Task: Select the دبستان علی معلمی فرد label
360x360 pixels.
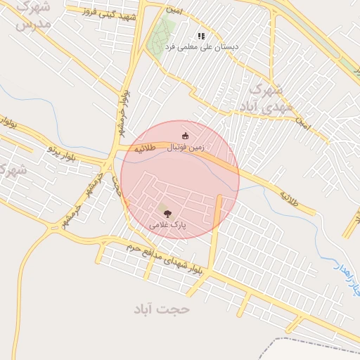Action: pos(202,46)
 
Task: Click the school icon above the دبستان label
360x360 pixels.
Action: pos(201,35)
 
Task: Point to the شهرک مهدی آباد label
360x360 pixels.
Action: pos(267,99)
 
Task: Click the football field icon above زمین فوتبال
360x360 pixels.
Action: pos(186,136)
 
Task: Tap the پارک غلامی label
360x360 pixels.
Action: pos(167,226)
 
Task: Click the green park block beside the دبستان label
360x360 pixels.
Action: pos(162,35)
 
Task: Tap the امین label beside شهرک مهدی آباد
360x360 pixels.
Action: pos(302,122)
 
